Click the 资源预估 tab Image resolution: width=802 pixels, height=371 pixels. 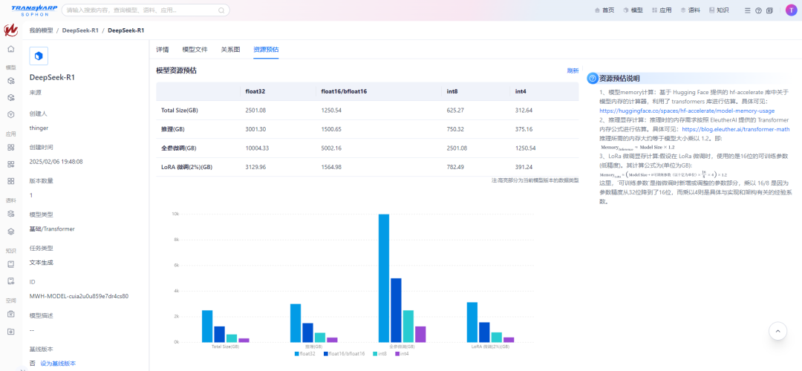266,49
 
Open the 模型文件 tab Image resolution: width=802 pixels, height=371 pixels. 195,49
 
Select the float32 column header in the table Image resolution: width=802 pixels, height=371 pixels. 255,91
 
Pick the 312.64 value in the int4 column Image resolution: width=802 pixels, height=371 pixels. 524,110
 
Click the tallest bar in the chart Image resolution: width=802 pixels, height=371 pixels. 384,278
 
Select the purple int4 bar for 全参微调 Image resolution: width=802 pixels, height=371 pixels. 420,334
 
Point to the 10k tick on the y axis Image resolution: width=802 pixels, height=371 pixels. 175,214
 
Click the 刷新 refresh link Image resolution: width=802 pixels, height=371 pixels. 573,70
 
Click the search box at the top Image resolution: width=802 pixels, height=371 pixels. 146,10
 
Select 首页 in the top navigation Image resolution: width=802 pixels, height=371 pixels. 604,10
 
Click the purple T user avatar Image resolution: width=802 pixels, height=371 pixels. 791,10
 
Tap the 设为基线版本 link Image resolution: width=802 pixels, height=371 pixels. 58,363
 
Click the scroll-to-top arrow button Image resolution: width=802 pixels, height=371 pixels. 777,331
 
